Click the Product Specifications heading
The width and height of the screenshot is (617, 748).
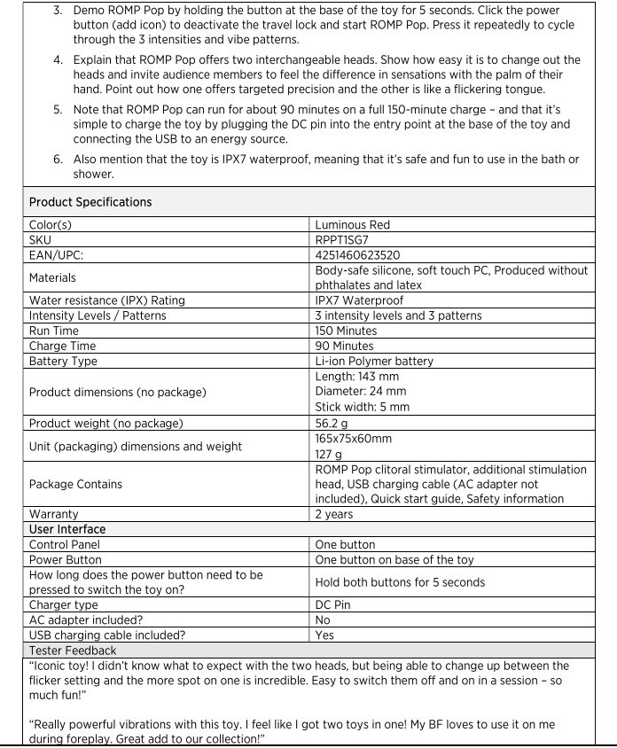(x=90, y=202)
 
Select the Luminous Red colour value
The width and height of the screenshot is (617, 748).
(x=352, y=225)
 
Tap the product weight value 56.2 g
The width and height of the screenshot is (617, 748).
(x=333, y=422)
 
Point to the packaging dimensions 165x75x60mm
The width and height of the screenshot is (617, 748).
(x=354, y=438)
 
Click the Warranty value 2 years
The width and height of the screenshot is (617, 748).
(x=334, y=513)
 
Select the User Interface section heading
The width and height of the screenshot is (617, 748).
(x=67, y=529)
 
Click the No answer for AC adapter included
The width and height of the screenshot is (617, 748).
(x=324, y=620)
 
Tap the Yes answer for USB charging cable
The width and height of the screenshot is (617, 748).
(x=325, y=635)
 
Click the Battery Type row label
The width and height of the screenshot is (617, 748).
(x=63, y=361)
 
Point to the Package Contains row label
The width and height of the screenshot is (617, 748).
(x=75, y=484)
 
